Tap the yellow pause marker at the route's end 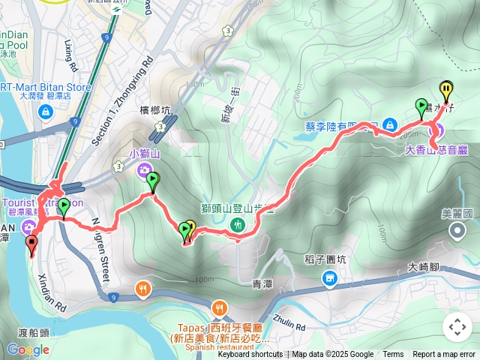pos(446,91)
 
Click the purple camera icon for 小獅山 pos(142,171)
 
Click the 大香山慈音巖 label pos(436,149)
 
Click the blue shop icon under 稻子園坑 pos(329,280)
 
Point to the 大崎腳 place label pos(425,266)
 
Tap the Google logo pos(28,349)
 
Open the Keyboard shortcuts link pos(250,355)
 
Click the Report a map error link pos(443,355)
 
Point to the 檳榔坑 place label pos(155,110)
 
